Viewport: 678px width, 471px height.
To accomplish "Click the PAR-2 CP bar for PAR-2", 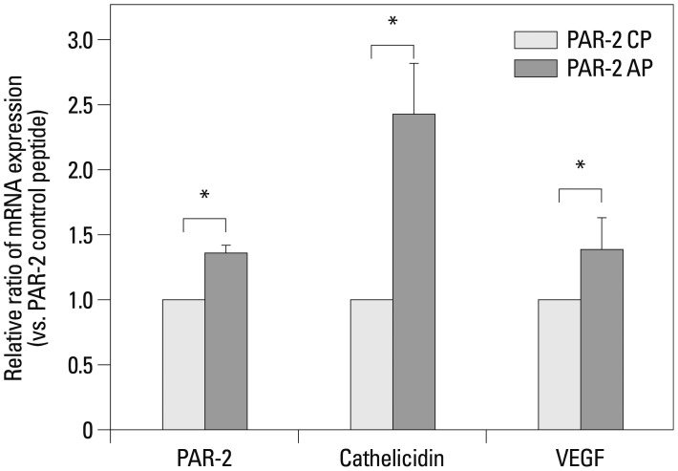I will click(183, 364).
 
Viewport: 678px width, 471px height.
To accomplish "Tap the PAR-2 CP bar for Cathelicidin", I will click(371, 364).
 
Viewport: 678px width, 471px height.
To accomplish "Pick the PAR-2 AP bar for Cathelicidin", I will click(413, 271).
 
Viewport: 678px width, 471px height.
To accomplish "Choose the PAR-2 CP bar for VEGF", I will click(560, 364).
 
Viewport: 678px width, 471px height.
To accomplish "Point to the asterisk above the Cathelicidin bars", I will click(392, 22).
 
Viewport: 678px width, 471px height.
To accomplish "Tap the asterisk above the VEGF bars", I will click(580, 167).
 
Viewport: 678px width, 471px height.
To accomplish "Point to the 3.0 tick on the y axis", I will click(81, 40).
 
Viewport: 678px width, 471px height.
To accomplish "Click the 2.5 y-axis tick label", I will click(81, 105).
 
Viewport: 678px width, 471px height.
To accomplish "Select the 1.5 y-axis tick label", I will click(81, 235).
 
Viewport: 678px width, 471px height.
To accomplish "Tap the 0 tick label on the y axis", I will click(88, 430).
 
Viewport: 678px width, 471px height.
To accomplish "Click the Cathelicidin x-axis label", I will click(392, 456).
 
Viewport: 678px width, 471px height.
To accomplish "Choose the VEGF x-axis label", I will click(580, 456).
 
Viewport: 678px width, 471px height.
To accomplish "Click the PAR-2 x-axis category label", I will click(204, 456).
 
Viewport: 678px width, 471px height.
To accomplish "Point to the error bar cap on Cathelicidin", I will click(413, 63).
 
